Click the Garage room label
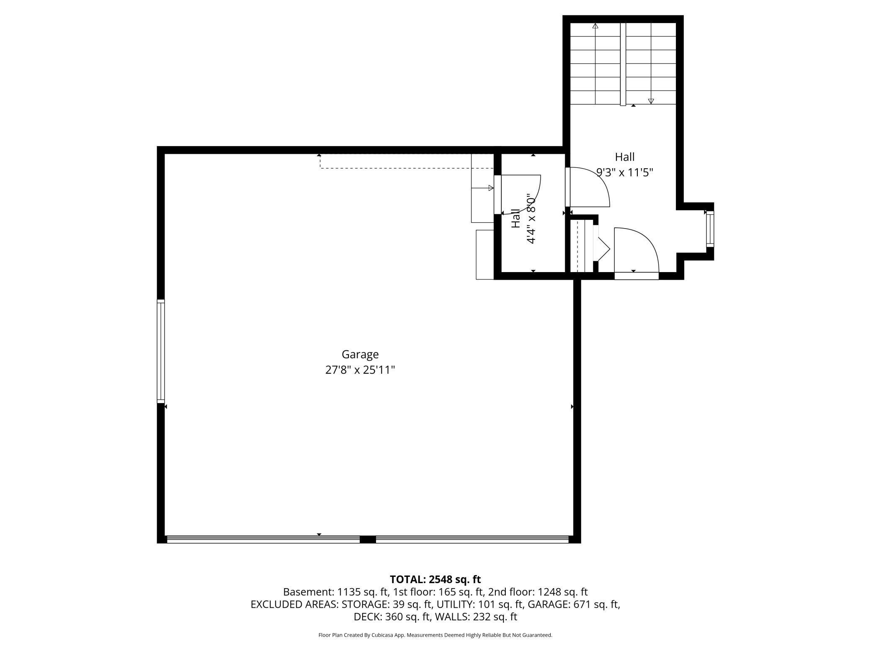360,355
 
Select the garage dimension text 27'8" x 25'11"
360,370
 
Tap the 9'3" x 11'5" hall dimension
625,172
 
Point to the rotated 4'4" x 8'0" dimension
531,219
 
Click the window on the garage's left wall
161,351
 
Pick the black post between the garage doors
368,540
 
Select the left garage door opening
263,539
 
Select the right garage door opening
472,539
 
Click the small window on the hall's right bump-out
710,230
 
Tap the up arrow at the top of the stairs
595,26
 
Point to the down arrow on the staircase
651,101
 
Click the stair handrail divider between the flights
623,64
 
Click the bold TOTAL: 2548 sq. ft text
435,579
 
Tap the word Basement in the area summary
309,592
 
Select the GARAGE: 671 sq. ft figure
574,604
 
